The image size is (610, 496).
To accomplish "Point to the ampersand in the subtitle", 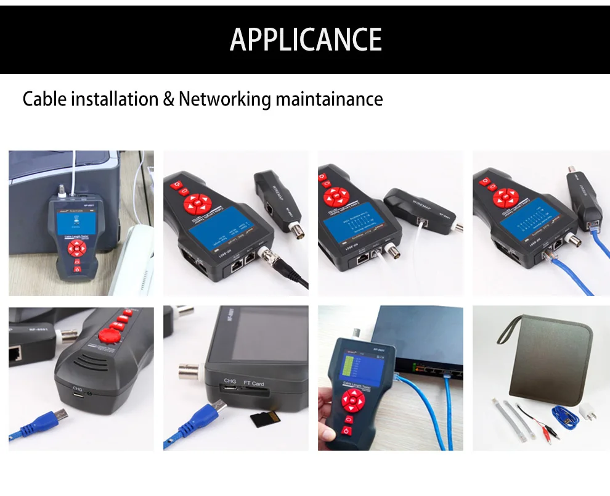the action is pos(168,99).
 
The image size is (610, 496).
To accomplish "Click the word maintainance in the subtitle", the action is pos(329,99).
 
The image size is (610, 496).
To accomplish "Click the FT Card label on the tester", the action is pos(254,383).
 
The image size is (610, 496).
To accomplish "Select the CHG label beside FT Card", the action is pos(230,382).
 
